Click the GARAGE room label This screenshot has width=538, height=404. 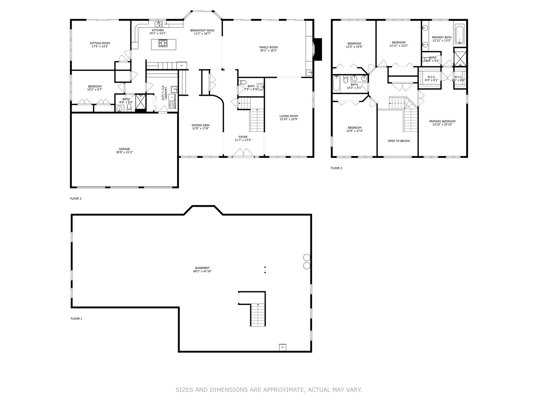tap(124, 149)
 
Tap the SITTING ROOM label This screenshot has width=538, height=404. tap(100, 43)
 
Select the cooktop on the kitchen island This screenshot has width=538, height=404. tap(163, 44)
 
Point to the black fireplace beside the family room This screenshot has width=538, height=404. tap(318, 49)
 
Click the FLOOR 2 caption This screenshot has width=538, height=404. tap(75, 199)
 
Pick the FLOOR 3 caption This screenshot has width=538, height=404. tap(336, 168)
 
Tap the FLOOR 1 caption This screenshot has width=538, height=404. tap(76, 319)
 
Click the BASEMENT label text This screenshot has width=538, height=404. tap(202, 268)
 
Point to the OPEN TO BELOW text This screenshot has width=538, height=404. tap(398, 141)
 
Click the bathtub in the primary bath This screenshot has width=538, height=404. tap(460, 34)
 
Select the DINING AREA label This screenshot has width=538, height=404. tap(201, 125)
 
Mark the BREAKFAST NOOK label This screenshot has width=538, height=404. tap(202, 30)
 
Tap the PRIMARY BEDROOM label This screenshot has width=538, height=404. tap(442, 121)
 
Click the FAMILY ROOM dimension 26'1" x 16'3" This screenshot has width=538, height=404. tap(268, 50)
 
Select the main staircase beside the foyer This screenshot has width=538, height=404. tap(257, 120)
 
